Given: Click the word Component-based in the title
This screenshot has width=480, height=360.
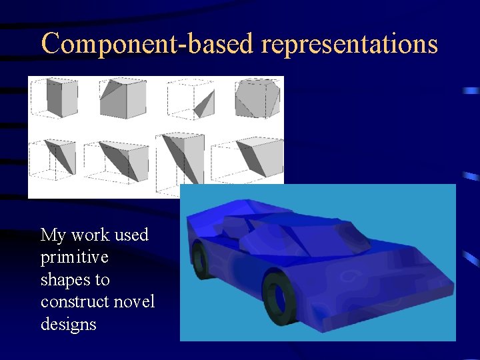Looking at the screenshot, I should coord(149,43).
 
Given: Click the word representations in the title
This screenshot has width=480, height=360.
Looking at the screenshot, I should coord(350,43).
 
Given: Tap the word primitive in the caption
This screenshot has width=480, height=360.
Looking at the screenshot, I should coord(75,257).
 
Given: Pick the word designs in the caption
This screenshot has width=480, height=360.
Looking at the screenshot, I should coord(68,325).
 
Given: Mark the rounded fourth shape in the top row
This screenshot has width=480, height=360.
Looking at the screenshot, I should coord(257,99).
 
